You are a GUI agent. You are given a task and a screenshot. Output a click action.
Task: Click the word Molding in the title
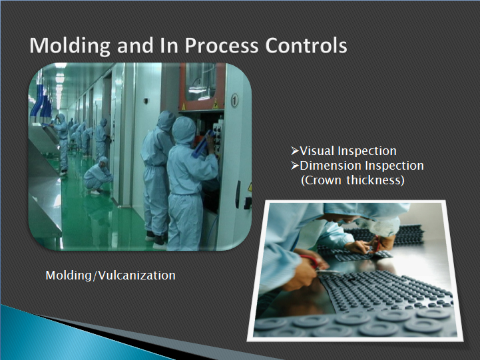click(x=69, y=46)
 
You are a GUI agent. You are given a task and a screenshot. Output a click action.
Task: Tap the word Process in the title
click(x=221, y=46)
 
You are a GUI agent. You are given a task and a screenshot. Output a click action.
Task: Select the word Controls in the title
click(x=306, y=45)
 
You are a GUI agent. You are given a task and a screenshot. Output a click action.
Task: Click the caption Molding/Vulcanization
click(x=111, y=275)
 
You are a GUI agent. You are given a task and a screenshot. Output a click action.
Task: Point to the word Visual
click(x=317, y=151)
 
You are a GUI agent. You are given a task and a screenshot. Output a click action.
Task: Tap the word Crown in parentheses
click(x=324, y=180)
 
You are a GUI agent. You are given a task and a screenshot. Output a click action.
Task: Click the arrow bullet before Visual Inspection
click(x=294, y=151)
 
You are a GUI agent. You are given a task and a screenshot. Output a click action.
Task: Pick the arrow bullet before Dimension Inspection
click(x=294, y=166)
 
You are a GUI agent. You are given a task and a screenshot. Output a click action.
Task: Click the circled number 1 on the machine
click(x=234, y=100)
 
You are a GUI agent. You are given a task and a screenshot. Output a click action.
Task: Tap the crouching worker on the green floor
click(x=98, y=176)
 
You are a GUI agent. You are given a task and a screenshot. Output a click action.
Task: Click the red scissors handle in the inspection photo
click(x=310, y=261)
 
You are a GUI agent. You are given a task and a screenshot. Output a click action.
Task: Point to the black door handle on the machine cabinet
click(x=238, y=195)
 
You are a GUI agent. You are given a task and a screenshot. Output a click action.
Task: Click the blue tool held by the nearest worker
click(x=202, y=144)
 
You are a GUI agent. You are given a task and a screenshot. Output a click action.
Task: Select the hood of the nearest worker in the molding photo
click(x=183, y=130)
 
